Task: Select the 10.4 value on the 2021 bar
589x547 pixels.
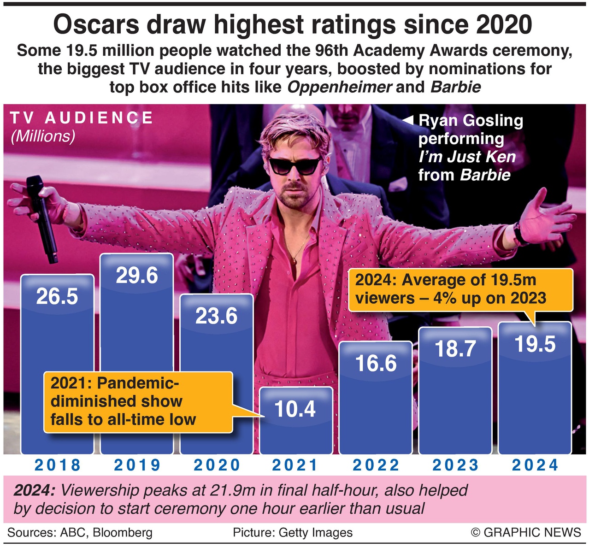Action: point(295,409)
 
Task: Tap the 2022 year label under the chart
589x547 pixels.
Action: point(376,465)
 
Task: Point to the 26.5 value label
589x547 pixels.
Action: point(57,296)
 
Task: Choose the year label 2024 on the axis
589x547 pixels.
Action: point(535,465)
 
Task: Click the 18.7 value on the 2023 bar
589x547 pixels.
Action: point(455,348)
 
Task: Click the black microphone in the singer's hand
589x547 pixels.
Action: point(41,217)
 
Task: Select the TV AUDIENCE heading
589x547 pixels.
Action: point(82,118)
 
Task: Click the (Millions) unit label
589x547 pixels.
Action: point(42,136)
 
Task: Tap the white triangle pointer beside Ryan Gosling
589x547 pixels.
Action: point(408,121)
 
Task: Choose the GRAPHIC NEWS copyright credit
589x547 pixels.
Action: point(526,532)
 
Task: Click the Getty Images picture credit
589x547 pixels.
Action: point(315,533)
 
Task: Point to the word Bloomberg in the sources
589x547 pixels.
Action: point(123,533)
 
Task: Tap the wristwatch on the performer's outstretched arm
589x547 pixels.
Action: point(520,234)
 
